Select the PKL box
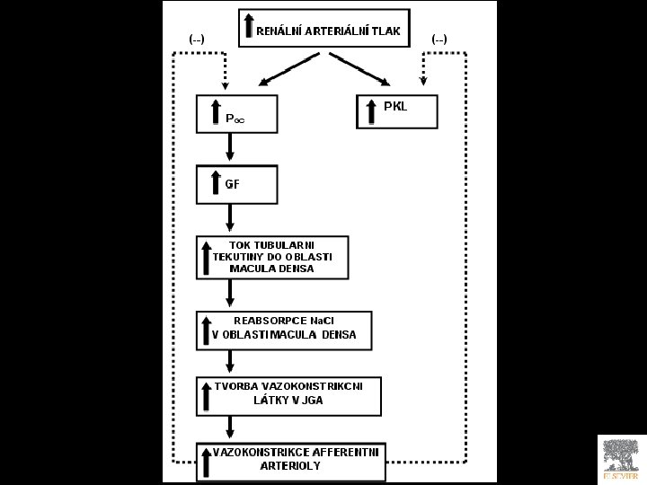396,110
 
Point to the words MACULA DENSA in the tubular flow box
272,269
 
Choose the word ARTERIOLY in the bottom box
289,466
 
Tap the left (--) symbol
196,39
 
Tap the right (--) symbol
439,39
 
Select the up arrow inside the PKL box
372,112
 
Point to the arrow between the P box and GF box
231,142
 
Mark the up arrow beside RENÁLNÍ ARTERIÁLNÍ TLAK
249,27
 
